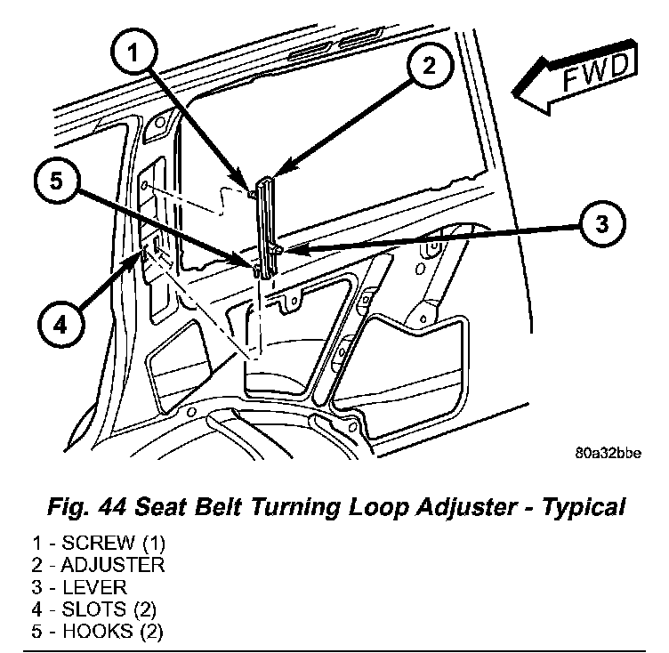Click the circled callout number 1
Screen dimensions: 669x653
click(134, 52)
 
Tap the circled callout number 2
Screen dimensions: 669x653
click(429, 65)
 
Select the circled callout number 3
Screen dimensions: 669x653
click(602, 223)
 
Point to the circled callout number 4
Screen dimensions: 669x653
click(60, 326)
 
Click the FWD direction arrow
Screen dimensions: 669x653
click(576, 77)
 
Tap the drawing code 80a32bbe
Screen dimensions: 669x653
click(608, 453)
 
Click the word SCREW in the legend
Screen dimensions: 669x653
click(99, 543)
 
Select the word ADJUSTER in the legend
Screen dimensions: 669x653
click(113, 565)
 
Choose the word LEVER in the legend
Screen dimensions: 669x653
click(94, 587)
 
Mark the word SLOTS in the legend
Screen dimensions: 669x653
click(94, 609)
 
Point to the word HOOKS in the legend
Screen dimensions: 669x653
click(98, 632)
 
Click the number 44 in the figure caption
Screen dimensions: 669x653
click(111, 507)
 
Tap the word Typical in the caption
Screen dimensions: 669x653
click(584, 509)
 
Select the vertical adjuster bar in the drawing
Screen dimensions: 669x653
click(266, 229)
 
